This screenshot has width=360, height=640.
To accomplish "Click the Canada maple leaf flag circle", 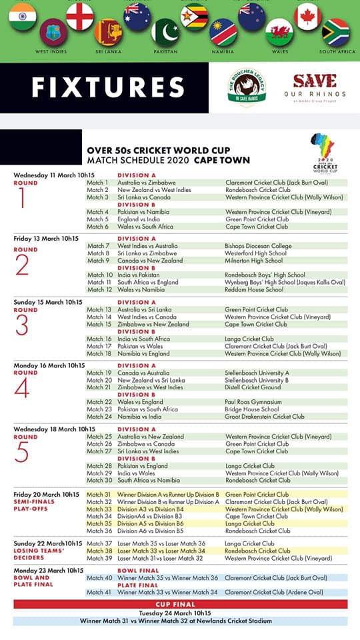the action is (308, 15).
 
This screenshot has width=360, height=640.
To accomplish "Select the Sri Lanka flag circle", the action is (109, 31).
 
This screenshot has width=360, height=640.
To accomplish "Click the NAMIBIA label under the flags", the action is (223, 51).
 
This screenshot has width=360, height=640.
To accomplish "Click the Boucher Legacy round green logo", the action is (247, 86).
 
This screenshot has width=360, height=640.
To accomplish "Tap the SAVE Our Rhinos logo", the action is (315, 85).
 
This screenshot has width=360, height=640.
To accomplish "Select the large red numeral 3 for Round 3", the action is (22, 326).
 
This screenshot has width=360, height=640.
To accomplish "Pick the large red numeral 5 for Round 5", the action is (22, 453).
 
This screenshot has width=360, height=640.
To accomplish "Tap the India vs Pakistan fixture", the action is (139, 275).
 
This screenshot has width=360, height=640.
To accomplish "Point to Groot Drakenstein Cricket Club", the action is (265, 417).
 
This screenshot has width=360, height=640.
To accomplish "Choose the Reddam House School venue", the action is (254, 289).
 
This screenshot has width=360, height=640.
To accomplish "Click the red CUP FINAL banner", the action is (180, 604).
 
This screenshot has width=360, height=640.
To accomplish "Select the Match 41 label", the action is (99, 592).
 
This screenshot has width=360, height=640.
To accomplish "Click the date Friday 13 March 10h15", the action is (47, 238).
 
